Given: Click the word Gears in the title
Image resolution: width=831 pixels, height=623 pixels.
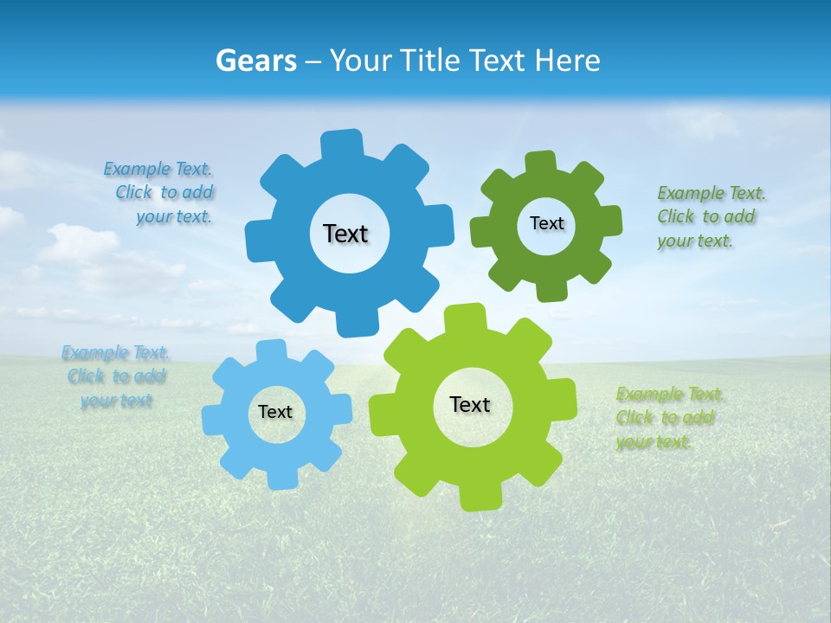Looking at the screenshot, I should [256, 61].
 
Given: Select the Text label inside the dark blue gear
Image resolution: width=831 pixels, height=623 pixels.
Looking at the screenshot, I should [345, 234].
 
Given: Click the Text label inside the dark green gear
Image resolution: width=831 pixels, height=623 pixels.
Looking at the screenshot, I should [546, 223].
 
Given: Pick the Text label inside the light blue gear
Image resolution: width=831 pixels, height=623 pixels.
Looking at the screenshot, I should [275, 412].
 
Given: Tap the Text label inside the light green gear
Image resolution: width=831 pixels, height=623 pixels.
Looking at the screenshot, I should [470, 404].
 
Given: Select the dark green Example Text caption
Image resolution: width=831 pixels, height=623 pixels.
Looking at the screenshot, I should [709, 216].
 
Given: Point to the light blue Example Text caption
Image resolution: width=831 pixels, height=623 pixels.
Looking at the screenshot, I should [116, 376].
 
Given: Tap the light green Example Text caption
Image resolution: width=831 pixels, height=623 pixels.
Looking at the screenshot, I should [668, 418].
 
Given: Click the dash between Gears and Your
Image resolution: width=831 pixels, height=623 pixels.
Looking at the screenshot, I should [315, 61].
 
